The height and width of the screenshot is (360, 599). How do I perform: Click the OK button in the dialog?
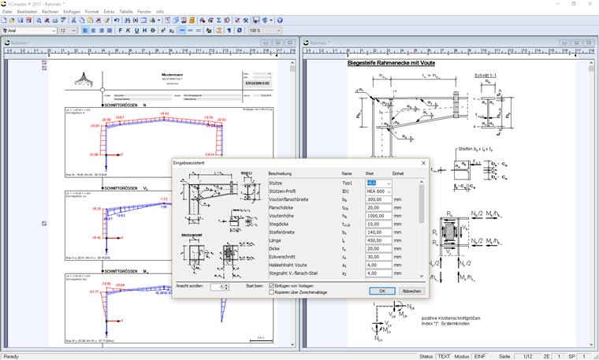(381, 291)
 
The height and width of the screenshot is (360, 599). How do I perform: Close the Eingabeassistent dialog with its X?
(423, 163)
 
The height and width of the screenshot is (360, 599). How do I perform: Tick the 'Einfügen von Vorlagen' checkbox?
(270, 285)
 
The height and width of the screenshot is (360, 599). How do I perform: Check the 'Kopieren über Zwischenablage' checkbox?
(270, 291)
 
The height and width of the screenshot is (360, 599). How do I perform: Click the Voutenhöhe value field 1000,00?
(378, 216)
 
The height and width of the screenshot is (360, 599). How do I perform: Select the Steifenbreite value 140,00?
(378, 232)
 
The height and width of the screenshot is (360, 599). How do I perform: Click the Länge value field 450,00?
(378, 240)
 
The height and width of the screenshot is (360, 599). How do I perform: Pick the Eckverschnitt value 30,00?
(378, 257)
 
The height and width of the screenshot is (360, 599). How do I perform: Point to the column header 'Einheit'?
(398, 173)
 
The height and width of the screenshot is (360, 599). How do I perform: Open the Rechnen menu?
(50, 12)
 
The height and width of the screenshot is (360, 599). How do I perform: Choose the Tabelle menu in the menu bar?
(126, 12)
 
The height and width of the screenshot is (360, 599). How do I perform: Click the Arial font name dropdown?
(30, 31)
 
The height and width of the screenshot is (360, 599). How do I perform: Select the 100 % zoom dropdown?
(265, 31)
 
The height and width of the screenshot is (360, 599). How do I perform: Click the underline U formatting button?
(136, 31)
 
